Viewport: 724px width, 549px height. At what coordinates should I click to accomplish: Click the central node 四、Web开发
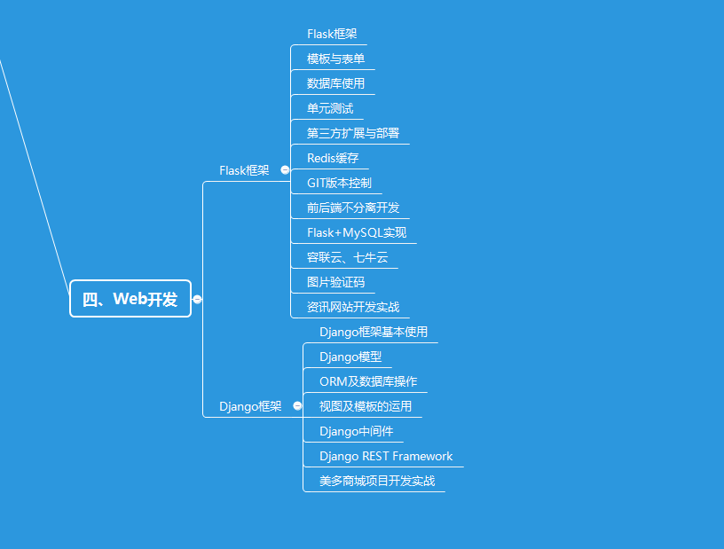130,299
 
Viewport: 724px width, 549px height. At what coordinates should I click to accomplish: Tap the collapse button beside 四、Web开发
197,299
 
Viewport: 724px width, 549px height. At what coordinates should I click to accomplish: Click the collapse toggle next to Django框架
297,405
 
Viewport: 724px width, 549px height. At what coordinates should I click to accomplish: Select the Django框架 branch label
250,406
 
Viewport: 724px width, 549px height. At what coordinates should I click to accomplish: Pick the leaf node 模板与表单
335,59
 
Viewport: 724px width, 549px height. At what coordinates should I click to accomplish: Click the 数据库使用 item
335,83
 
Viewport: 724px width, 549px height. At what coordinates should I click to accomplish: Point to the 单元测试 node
330,108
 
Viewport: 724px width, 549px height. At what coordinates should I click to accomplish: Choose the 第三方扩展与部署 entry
353,133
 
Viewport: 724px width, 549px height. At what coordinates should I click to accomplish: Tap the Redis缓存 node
333,158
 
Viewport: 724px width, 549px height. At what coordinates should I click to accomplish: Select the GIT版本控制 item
339,183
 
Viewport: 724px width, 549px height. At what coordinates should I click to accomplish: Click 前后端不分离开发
353,208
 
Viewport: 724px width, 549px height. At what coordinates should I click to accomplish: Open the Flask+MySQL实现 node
357,232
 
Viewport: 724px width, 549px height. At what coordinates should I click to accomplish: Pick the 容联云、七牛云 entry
347,257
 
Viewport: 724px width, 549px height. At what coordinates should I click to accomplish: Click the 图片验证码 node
335,282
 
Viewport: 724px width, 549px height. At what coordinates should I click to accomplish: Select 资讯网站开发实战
353,307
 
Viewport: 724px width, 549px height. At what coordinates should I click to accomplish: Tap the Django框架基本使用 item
374,332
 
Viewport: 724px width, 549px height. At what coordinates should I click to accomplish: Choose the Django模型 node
350,357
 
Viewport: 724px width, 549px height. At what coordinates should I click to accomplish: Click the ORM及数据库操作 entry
368,381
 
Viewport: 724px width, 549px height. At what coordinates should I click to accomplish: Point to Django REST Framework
386,456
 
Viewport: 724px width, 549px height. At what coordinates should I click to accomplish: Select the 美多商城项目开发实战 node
377,481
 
